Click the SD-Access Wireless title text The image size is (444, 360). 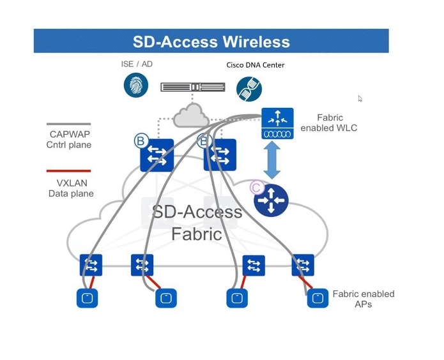click(211, 42)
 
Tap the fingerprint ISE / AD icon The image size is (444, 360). click(136, 85)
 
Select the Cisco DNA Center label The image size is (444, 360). click(256, 65)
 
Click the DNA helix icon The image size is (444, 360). click(249, 89)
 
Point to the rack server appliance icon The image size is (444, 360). click(192, 87)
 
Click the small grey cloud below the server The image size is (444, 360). click(192, 115)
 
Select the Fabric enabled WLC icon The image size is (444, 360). click(278, 124)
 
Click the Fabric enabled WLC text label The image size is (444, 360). click(337, 123)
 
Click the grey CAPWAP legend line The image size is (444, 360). click(69, 124)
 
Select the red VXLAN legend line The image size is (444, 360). click(69, 171)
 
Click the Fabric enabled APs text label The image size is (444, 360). click(363, 299)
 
